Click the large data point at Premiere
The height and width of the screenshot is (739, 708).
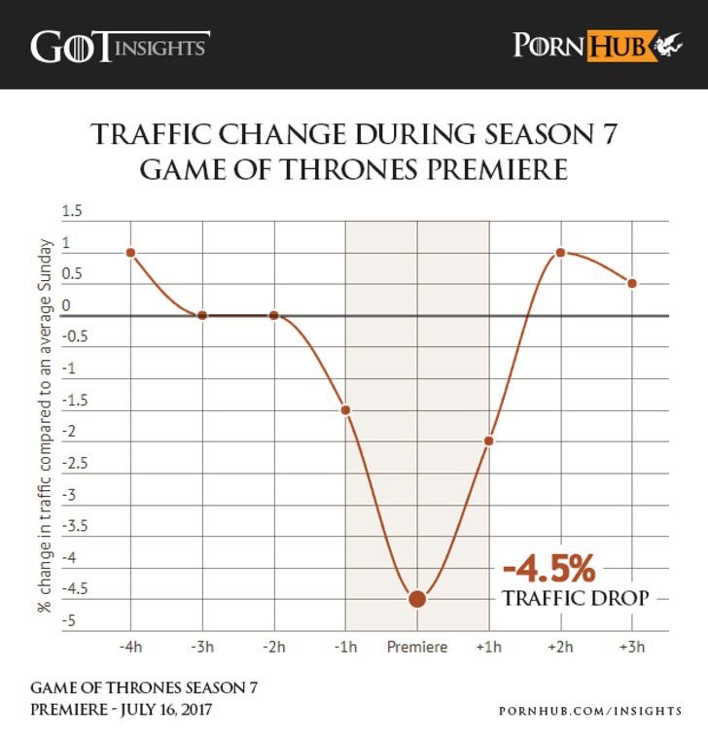[417, 598]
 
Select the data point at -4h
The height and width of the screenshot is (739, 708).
[130, 252]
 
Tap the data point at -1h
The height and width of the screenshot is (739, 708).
[345, 409]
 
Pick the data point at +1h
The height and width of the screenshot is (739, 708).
[489, 440]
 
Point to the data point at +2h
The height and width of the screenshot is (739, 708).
[561, 252]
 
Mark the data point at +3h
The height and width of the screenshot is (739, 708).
[632, 283]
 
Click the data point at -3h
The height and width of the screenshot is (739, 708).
[202, 315]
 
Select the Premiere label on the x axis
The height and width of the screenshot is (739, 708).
[417, 647]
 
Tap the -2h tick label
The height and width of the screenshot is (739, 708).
[274, 647]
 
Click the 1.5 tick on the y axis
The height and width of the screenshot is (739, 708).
[72, 212]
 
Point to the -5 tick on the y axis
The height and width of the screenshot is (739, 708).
[68, 620]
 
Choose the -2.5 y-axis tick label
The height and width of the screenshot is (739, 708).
[72, 463]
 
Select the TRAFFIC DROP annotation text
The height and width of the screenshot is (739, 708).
[575, 598]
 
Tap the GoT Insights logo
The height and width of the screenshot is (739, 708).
[120, 46]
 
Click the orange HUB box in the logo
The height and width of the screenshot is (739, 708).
[618, 46]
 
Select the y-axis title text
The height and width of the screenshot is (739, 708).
[45, 424]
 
